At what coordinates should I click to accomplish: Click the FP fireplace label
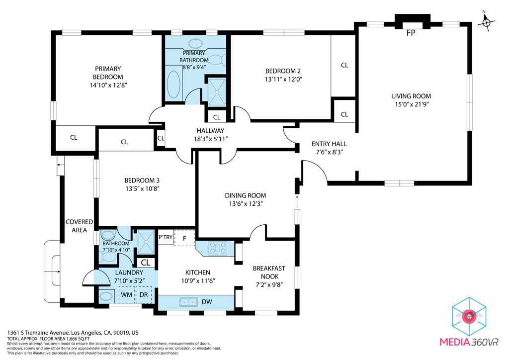[x=411, y=34]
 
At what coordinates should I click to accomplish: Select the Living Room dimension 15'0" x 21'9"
[x=411, y=104]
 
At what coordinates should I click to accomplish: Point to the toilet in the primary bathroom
[x=217, y=60]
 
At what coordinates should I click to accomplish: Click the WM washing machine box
[x=126, y=294]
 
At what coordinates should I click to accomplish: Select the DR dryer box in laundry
[x=144, y=294]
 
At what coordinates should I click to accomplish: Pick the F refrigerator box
[x=184, y=238]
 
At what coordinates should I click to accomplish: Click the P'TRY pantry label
[x=166, y=237]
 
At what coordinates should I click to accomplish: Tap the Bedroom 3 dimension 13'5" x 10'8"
[x=142, y=188]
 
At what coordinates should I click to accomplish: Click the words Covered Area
[x=76, y=226]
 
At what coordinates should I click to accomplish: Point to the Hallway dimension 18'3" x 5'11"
[x=210, y=139]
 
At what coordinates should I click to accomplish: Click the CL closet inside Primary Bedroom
[x=73, y=138]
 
